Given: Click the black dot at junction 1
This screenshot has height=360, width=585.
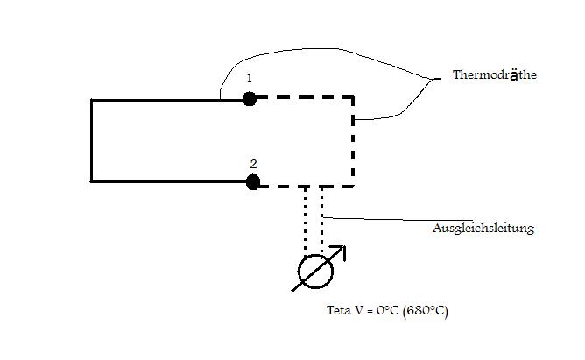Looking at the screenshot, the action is [x=250, y=99].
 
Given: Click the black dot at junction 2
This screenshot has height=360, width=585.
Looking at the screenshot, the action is [x=253, y=182].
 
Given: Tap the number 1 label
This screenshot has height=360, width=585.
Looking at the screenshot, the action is [x=250, y=78].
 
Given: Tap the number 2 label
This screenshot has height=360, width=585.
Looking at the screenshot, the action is [x=253, y=164].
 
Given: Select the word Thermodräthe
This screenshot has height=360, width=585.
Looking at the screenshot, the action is [x=495, y=74].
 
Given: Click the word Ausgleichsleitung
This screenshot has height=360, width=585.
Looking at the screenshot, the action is [x=483, y=228].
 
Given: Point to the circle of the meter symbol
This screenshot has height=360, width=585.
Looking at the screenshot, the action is [x=315, y=272].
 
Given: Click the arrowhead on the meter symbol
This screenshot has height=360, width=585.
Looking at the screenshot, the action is [x=341, y=250].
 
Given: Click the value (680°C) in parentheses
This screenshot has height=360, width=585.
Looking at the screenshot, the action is [x=426, y=311].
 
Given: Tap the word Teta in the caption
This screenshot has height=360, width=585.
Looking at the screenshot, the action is [x=339, y=310].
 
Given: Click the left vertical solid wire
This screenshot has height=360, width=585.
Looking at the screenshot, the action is [x=91, y=141].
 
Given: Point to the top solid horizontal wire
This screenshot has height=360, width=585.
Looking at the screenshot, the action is [x=166, y=100].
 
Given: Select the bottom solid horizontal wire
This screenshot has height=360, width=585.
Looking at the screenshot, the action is [x=168, y=181].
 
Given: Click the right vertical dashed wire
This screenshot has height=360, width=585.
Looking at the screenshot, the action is [x=353, y=142].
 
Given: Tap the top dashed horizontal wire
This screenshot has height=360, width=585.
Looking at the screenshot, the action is [x=305, y=97].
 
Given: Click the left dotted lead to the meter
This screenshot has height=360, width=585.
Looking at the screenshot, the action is [x=305, y=221].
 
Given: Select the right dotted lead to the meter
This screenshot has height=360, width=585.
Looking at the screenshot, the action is [x=322, y=221].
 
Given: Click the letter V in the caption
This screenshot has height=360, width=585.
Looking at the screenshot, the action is [x=359, y=310].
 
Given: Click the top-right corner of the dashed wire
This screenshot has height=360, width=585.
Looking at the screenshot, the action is [x=353, y=97].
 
